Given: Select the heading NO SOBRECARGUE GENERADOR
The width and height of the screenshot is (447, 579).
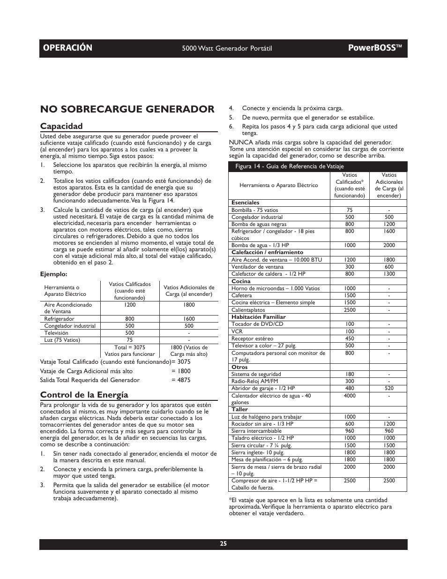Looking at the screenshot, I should coord(127,109).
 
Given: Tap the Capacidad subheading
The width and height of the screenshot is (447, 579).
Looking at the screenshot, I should coord(61,126).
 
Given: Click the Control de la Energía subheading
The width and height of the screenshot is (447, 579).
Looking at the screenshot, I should coord(84,395).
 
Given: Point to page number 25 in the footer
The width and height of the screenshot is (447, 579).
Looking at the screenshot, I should coord(223,544).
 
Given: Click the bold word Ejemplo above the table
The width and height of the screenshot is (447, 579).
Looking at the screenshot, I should coord(53,274).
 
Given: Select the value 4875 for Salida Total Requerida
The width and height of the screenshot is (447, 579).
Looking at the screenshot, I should coord(184,380).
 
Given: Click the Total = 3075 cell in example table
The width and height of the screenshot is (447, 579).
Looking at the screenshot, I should coord(129,347).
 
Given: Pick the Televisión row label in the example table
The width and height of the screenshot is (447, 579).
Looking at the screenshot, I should coord(56,333).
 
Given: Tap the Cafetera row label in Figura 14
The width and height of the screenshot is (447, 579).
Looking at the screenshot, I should coord(242,295).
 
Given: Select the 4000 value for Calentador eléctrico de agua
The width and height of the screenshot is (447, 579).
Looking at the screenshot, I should coord(350,396).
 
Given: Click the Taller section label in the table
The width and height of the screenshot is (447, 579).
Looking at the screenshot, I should coord(239,409).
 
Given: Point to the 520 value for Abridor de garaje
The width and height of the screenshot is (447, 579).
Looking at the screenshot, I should coord(388,388).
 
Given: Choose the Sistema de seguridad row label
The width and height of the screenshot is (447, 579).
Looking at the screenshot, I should coord(256,374).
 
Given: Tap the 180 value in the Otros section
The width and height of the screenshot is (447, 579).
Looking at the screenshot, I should coord(350,374).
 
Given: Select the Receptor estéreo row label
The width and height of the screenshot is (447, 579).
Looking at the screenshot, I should coord(252,338).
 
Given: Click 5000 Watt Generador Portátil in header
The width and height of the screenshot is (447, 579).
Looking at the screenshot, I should coord(227,48).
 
